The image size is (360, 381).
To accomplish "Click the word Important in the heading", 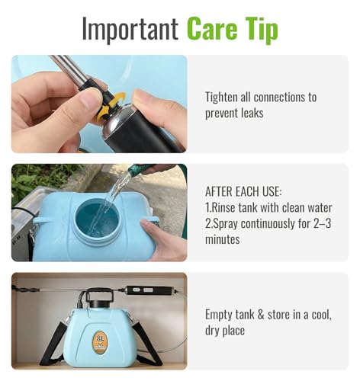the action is (x=130, y=28).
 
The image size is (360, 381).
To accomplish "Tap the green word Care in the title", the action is (x=212, y=27).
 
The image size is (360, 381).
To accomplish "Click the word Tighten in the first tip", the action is (x=221, y=98).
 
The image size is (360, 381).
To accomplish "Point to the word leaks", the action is (x=252, y=113).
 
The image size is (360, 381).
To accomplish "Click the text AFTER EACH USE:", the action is (x=243, y=191).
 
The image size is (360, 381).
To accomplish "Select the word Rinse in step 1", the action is (x=223, y=207).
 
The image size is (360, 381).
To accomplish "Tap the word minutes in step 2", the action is (x=222, y=239).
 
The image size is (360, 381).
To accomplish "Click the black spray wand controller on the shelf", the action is (x=150, y=290).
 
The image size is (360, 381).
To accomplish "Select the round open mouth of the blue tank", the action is (x=97, y=218).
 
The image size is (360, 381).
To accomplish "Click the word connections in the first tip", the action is (x=278, y=98).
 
